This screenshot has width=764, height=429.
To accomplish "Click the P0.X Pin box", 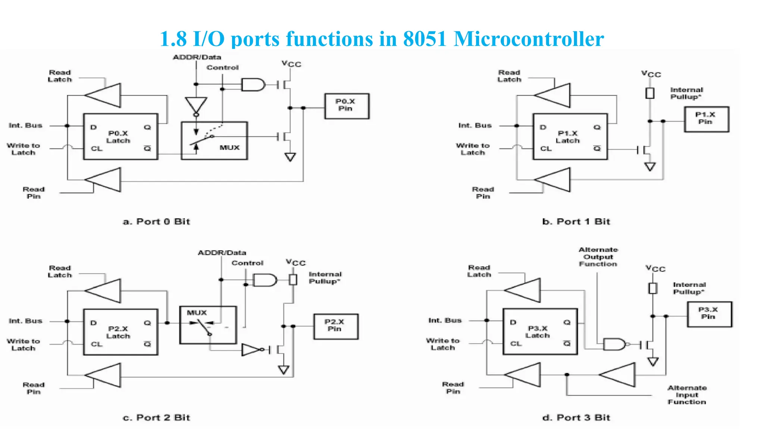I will pyautogui.click(x=347, y=106).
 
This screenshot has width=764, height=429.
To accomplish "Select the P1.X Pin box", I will pyautogui.click(x=706, y=119).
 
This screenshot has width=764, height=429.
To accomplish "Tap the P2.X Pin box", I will pyautogui.click(x=336, y=326).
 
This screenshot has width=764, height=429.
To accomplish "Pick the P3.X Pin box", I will pyautogui.click(x=710, y=314).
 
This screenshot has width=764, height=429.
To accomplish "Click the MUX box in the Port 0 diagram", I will pyautogui.click(x=214, y=140).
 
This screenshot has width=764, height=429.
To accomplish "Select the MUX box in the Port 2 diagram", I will pyautogui.click(x=208, y=325).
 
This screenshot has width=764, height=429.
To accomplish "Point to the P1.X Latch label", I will pyautogui.click(x=567, y=137).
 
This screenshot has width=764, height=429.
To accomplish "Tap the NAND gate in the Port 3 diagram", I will pyautogui.click(x=614, y=344).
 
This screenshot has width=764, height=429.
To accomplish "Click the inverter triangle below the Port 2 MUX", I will pyautogui.click(x=251, y=350).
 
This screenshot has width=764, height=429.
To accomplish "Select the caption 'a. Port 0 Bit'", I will pyautogui.click(x=156, y=222).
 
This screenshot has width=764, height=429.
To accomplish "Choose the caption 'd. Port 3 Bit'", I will pyautogui.click(x=576, y=417).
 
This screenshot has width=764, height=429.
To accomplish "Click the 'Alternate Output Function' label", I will pyautogui.click(x=598, y=257).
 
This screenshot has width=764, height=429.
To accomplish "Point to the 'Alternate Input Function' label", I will pyautogui.click(x=687, y=395).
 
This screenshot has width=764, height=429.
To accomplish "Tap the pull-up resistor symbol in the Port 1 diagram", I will pyautogui.click(x=650, y=93).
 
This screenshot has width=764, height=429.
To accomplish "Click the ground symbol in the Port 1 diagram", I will pyautogui.click(x=650, y=166).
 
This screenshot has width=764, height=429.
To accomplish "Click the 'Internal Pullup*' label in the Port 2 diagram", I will pyautogui.click(x=325, y=278).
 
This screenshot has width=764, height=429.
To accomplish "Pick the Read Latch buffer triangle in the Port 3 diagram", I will pyautogui.click(x=524, y=290).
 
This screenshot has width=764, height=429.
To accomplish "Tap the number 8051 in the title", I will pyautogui.click(x=425, y=39).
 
